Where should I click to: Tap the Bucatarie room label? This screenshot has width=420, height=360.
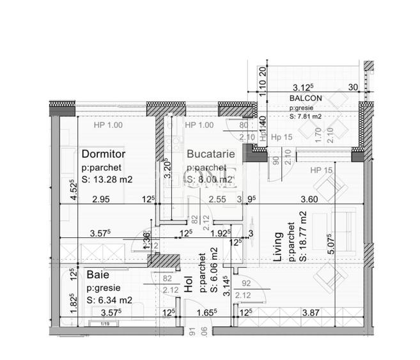(x=210, y=154)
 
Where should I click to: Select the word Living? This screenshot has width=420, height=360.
(x=277, y=250)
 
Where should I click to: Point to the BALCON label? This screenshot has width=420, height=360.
(x=306, y=98)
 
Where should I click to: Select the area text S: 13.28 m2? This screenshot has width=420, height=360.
(x=107, y=180)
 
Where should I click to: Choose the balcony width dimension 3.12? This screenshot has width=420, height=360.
(x=303, y=88)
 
